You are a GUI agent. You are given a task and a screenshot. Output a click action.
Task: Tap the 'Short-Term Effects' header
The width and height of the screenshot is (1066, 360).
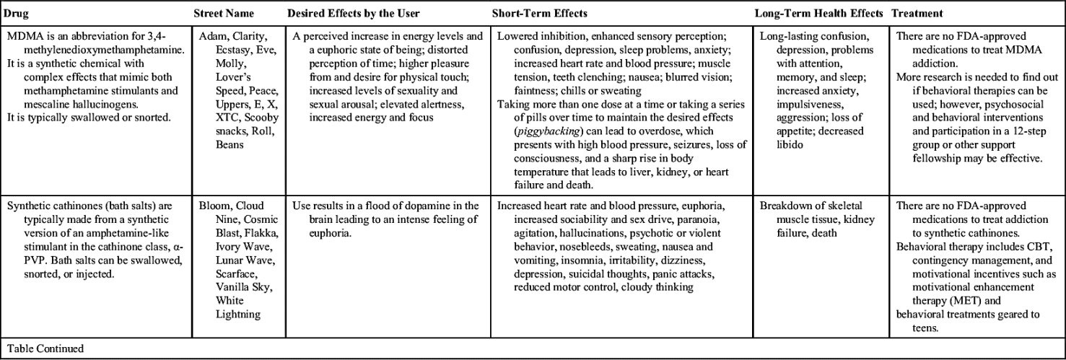click(x=539, y=14)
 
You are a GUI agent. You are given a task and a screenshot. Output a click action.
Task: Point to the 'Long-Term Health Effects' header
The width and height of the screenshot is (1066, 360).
click(x=818, y=14)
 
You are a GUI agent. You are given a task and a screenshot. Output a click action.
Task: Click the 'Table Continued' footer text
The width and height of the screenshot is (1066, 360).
click(x=44, y=349)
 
